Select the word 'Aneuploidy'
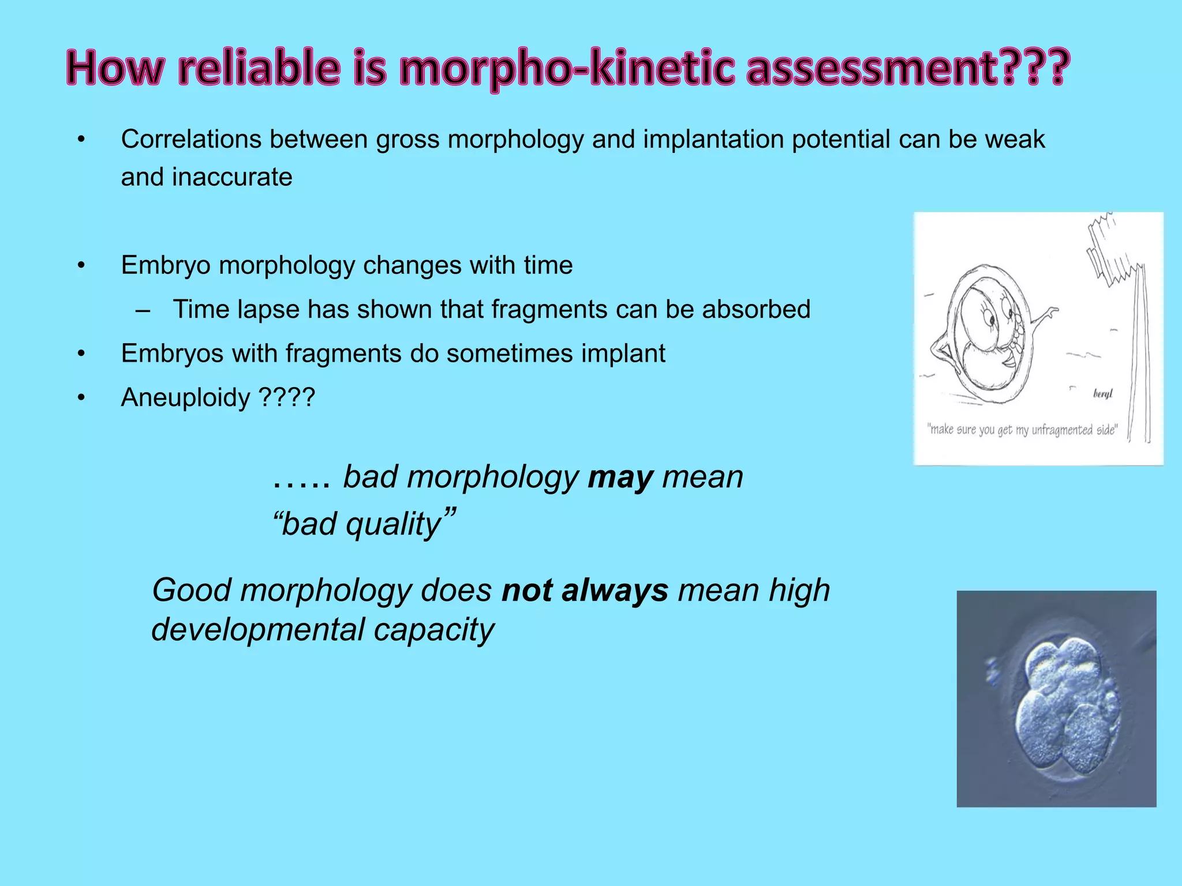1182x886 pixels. click(185, 397)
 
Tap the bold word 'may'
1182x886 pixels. click(620, 477)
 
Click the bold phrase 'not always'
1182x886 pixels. click(585, 590)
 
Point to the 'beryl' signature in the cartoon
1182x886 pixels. click(1103, 394)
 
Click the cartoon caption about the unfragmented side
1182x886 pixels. click(1022, 430)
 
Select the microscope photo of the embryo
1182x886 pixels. click(1056, 699)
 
